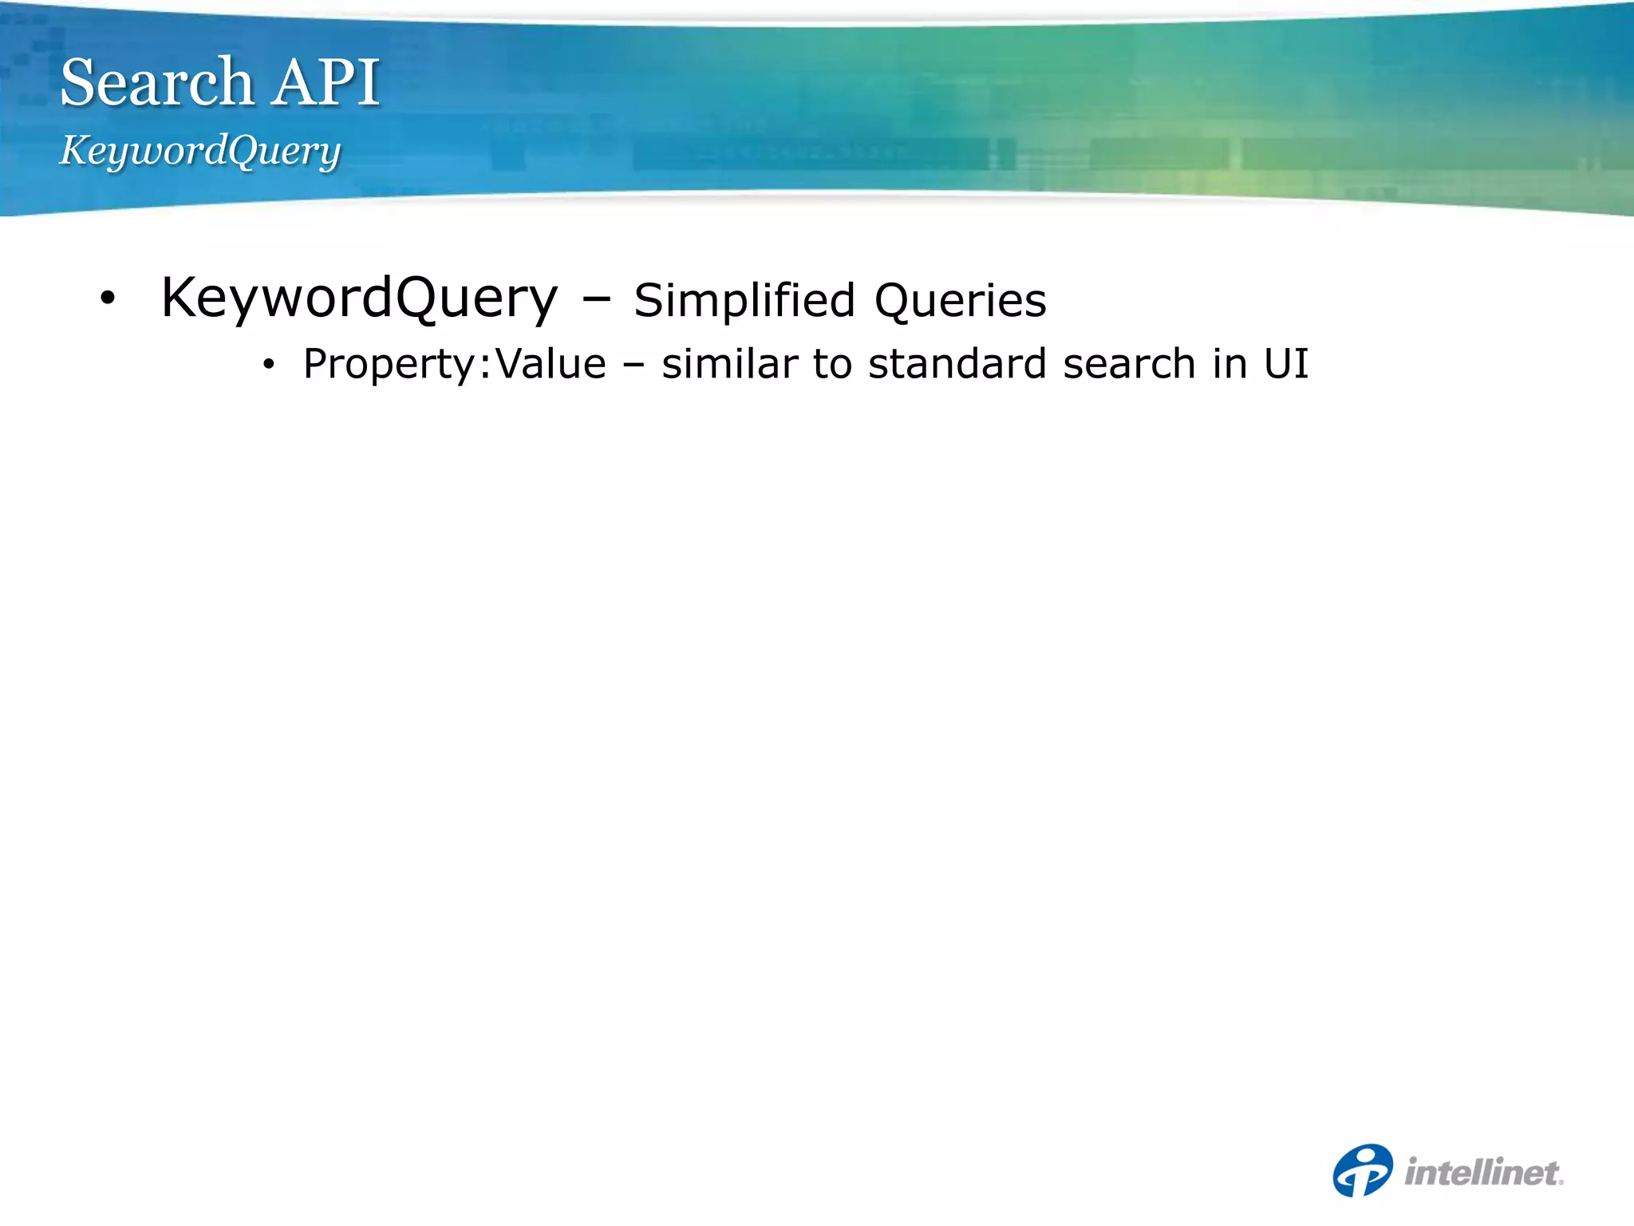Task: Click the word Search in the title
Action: pyautogui.click(x=156, y=82)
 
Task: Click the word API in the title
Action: pyautogui.click(x=326, y=82)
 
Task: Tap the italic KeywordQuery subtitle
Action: pyautogui.click(x=200, y=150)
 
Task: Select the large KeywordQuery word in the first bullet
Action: pyautogui.click(x=359, y=299)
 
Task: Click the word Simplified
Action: pyautogui.click(x=744, y=301)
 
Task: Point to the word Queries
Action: pyautogui.click(x=960, y=301)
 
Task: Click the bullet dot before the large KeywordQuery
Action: pyautogui.click(x=108, y=299)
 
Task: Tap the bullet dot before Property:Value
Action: pyautogui.click(x=269, y=365)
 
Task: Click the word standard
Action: pyautogui.click(x=957, y=364)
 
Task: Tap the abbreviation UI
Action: pyautogui.click(x=1286, y=364)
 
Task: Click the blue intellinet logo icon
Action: pyautogui.click(x=1363, y=1170)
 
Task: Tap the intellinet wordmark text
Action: pyautogui.click(x=1483, y=1173)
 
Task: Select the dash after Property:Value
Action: pyautogui.click(x=634, y=366)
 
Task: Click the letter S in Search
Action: pyautogui.click(x=78, y=82)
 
